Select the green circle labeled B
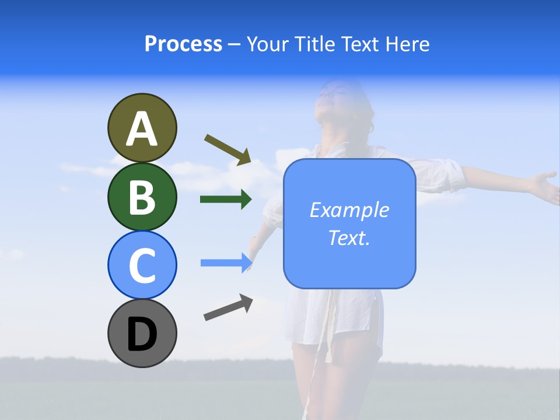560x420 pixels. point(142,197)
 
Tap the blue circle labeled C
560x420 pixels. point(142,265)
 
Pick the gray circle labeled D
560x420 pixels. point(142,333)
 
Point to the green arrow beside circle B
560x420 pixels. point(226,199)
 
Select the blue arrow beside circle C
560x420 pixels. point(226,263)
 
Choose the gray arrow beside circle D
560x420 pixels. point(228,307)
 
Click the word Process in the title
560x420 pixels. point(183,44)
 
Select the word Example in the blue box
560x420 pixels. point(349,210)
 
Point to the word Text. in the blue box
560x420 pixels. point(349,237)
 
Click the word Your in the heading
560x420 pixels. point(268,44)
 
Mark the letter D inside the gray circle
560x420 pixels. point(142,334)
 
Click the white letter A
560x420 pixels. point(142,129)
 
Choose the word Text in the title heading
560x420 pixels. point(359,44)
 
